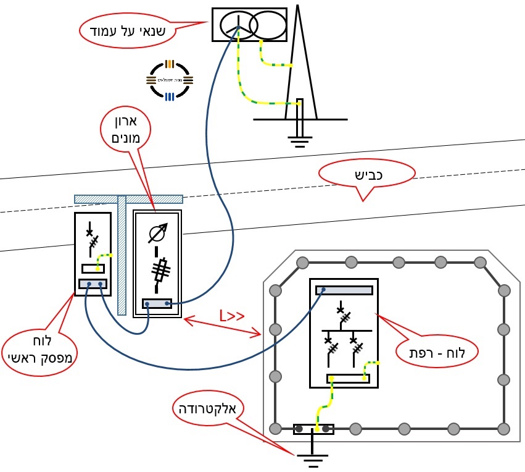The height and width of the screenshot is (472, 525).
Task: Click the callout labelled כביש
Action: point(366,174)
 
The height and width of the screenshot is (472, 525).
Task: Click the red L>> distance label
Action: point(231,317)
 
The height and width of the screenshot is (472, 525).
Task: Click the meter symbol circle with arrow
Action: point(158,234)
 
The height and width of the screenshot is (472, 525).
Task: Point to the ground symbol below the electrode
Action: point(312,459)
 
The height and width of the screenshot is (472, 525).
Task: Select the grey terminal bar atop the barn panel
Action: point(344,290)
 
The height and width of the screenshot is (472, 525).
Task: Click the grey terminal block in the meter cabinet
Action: point(157,303)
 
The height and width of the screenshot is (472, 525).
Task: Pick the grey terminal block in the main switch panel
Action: point(93,284)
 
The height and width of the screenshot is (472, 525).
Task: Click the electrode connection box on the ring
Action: point(313,429)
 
